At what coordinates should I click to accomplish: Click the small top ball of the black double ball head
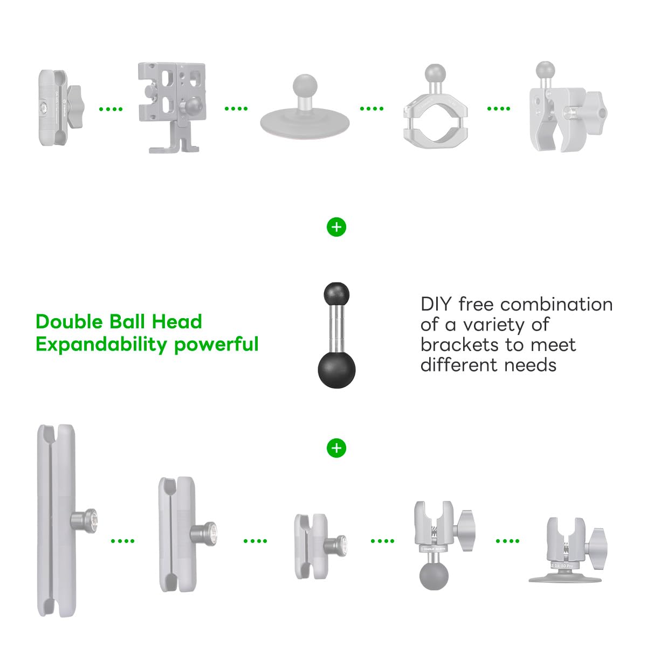point(336,294)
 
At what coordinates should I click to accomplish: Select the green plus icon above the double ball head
point(336,227)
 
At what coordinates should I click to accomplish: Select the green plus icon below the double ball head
point(336,448)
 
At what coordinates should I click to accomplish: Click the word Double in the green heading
point(69,322)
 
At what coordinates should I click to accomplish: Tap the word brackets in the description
point(459,345)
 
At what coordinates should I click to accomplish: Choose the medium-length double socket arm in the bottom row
point(178,534)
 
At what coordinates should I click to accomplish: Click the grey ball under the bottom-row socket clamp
point(434,575)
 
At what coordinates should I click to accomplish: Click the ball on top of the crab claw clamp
point(546,70)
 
